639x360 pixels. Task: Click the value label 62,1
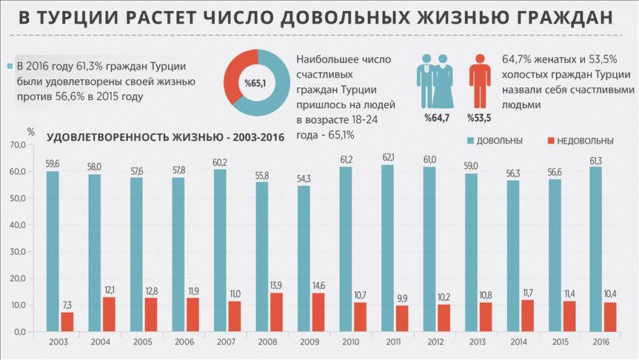387,157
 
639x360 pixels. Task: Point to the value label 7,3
67,304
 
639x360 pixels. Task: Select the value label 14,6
318,285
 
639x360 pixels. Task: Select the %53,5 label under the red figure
479,117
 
